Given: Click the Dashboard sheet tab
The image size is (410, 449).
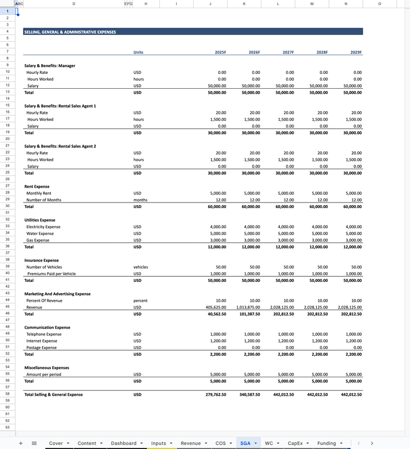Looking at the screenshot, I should pos(124,443).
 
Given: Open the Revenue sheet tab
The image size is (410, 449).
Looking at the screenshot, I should pos(191,443).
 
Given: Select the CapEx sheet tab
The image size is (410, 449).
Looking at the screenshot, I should pos(295,443).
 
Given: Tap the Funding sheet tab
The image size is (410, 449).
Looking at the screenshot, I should pos(326,443).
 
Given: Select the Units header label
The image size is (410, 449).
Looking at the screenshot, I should pos(138,52).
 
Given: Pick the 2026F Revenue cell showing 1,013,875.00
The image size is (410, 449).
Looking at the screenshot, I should pos(248,308).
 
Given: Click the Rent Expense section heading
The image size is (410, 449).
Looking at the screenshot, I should pos(37,187).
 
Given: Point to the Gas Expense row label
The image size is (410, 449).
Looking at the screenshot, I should pos(38,240).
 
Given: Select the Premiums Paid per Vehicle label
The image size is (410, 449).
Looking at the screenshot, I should pos(51,274).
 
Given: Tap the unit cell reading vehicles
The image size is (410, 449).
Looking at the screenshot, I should pos(140,267).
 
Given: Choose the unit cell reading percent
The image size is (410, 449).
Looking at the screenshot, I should pos(140,301).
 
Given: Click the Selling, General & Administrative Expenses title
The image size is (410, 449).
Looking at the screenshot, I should pos(70,32).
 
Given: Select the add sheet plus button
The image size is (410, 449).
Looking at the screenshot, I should pos(20,443).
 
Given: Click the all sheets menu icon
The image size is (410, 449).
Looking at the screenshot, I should pos(34,443).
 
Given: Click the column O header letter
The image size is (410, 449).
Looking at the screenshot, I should pos(379,4).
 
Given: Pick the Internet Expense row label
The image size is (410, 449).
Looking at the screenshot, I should pos(42,341).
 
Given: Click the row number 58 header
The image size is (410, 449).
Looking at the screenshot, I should pos(7,395).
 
